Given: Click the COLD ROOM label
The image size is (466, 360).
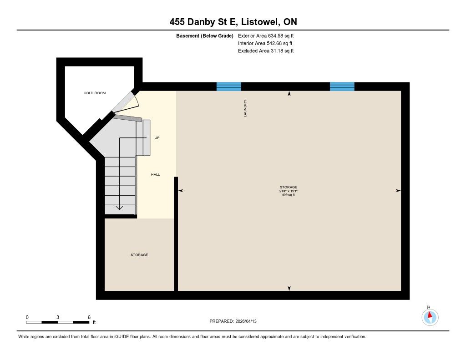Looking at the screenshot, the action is pos(95,93).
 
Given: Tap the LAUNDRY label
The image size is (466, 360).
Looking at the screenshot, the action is pos(245,108).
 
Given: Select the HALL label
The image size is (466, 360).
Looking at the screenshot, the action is pos(155,174).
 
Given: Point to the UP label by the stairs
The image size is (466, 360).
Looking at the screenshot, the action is pos(157,137).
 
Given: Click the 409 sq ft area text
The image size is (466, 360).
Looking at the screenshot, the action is pos(288,195).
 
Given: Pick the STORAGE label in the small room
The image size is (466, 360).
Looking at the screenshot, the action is pos(139,255).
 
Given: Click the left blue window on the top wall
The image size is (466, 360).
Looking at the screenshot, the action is pos(228,86).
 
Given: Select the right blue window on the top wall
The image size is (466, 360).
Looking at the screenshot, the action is pos(342,86).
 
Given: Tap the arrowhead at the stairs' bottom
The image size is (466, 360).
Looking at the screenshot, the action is pos(119,208).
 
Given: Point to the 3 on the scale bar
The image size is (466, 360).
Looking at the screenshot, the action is pos(58,317).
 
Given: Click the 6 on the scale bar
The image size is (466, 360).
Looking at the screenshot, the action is pos(89,317).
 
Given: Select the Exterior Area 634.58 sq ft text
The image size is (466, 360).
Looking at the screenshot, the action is pos(266,35).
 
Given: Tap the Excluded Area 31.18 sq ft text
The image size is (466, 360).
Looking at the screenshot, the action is pos(266,51).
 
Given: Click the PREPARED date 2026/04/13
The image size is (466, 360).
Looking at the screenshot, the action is pos(246,321).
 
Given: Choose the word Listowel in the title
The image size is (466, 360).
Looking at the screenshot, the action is pos(260,22).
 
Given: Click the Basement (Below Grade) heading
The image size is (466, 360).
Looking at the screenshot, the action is pos(205,36).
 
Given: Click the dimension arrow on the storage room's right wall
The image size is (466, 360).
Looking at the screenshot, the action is pos(398,191).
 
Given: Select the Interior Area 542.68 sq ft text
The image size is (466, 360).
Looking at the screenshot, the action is pos(265,43).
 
